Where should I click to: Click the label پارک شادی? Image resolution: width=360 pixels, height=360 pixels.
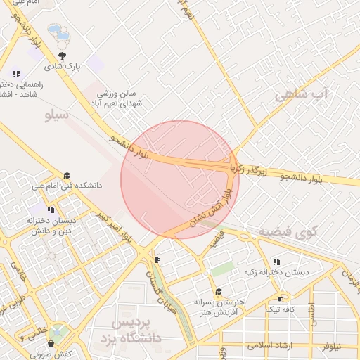pos(63,67)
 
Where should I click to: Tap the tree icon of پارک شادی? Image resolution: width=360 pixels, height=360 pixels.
pos(63,56)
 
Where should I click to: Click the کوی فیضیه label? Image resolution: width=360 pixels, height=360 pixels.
pos(288,231)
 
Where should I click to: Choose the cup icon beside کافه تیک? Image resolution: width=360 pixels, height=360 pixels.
pos(281,299)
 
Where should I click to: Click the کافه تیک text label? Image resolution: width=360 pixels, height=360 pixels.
pos(280,309)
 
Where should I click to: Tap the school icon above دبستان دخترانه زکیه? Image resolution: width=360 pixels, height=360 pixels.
pos(276,261)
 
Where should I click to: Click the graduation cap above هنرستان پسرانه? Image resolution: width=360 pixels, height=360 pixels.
pos(219,292)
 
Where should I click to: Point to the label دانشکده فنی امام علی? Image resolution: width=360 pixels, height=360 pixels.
pos(67,186)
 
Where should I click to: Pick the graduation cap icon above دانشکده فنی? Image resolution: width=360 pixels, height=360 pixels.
pos(67,176)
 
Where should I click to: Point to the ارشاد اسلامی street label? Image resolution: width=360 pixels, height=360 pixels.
pos(274,346)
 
